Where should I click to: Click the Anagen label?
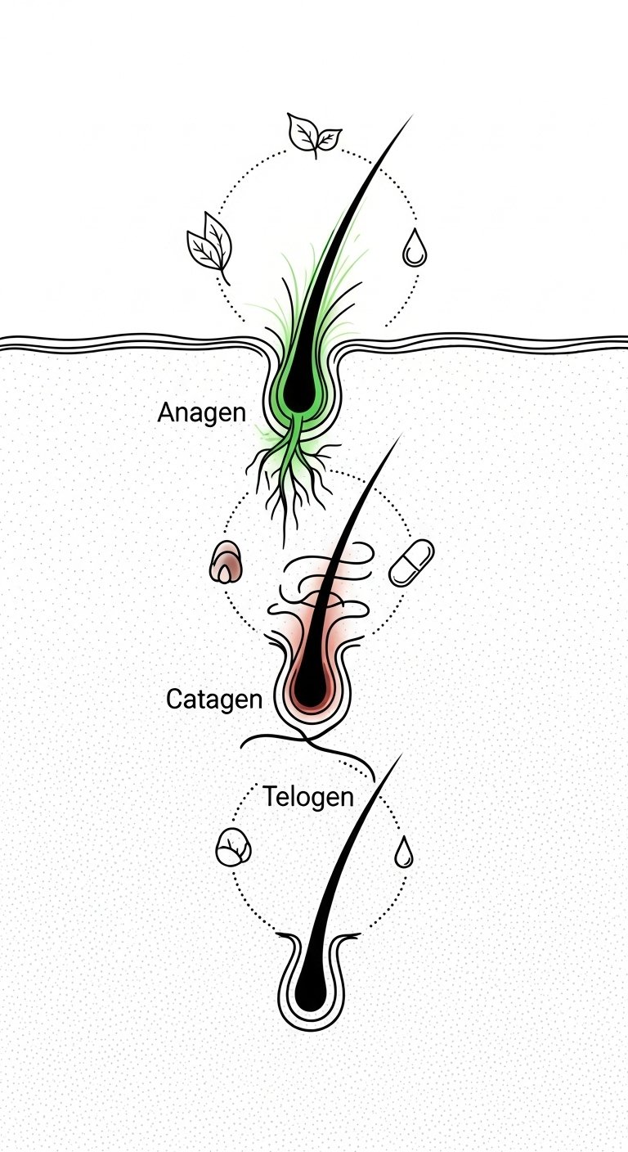pyautogui.click(x=201, y=414)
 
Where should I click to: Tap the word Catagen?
pyautogui.click(x=214, y=700)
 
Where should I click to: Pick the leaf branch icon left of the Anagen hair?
pyautogui.click(x=209, y=247)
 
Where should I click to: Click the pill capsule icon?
pyautogui.click(x=411, y=563)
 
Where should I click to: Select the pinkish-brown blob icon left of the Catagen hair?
pyautogui.click(x=227, y=561)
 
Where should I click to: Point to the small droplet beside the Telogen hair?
pyautogui.click(x=404, y=853)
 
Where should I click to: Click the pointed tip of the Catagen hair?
pyautogui.click(x=401, y=434)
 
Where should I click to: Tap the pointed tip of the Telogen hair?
pyautogui.click(x=401, y=754)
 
